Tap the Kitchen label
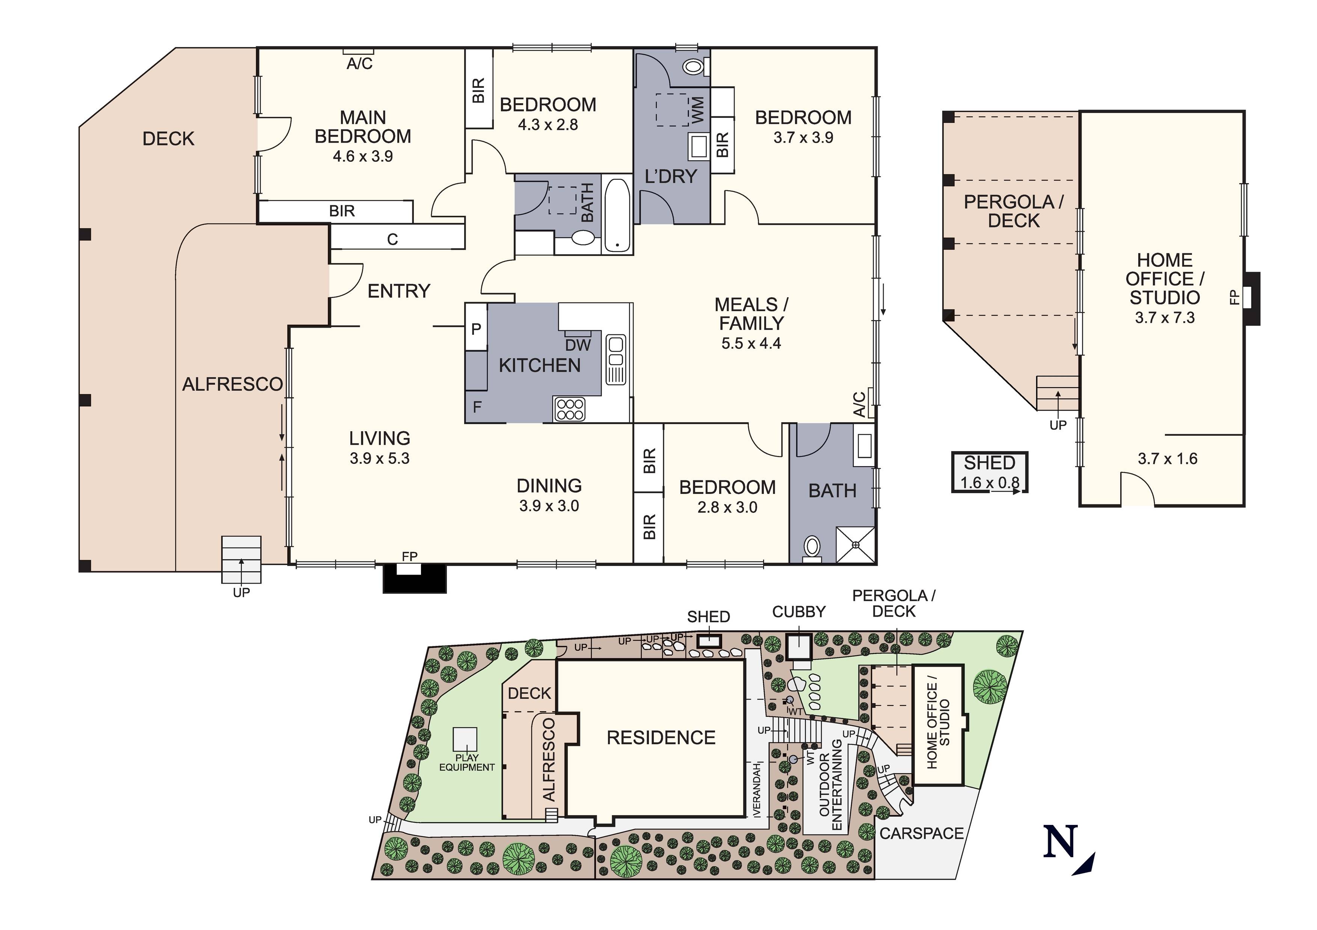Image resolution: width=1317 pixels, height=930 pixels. point(539,365)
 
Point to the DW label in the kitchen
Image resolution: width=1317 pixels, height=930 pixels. point(578,345)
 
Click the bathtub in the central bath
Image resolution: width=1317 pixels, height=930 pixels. point(617,215)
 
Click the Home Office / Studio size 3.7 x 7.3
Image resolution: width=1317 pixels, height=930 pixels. point(1165,318)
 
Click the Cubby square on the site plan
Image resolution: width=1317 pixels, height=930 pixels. point(798,647)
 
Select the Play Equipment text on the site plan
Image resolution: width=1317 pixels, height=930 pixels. point(466,763)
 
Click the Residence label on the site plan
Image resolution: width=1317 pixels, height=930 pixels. point(661,737)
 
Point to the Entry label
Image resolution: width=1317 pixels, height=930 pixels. point(399,291)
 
